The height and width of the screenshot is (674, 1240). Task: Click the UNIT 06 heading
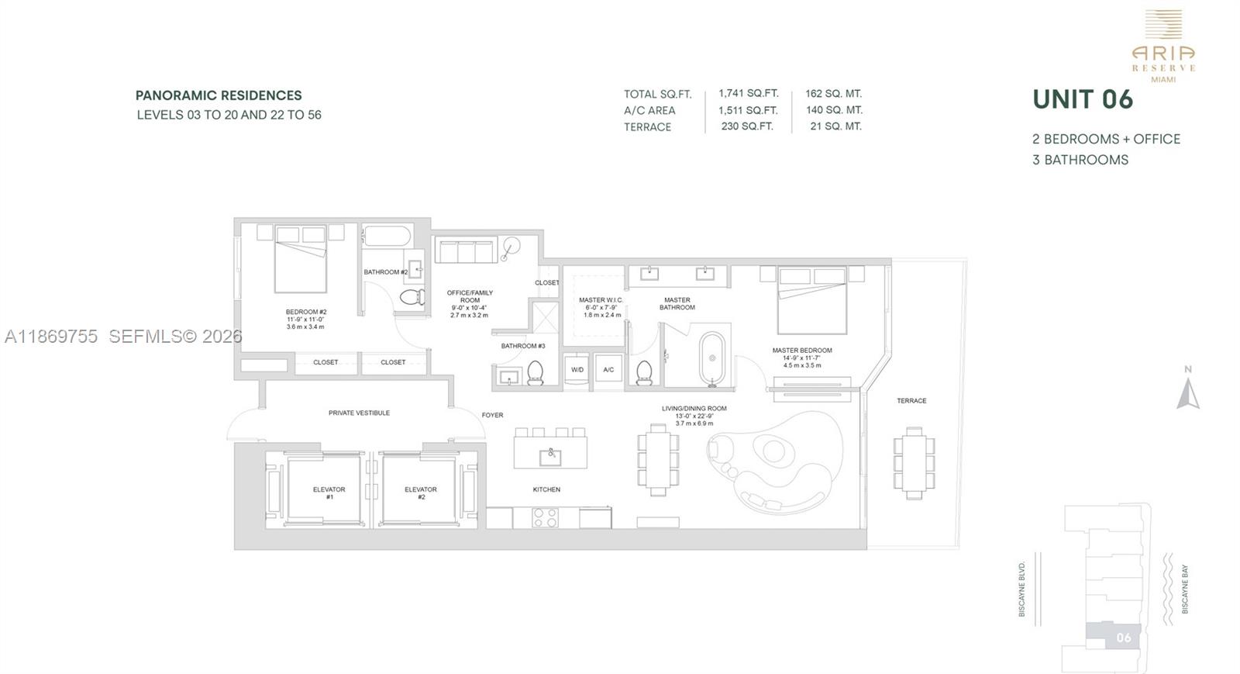pos(1083,99)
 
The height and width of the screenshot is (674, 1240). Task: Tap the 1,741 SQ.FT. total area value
pos(748,93)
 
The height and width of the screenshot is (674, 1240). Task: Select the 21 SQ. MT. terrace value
pos(835,126)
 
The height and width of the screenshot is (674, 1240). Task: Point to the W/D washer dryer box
pos(577,370)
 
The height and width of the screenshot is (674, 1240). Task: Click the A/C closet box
pos(608,370)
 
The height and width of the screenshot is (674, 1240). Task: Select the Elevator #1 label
pos(329,493)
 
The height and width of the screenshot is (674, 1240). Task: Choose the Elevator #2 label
pos(421,493)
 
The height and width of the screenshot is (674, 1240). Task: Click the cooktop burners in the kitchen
pos(545,517)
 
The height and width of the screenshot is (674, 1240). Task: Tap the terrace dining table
pos(914,462)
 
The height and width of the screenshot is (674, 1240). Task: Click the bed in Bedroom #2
pos(301,260)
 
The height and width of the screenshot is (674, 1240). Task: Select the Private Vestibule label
pos(359,413)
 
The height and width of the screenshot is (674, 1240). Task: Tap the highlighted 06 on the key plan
pos(1122,638)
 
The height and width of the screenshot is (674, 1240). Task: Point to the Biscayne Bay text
pos(1184,589)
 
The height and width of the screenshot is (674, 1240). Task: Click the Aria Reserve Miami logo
pos(1163,47)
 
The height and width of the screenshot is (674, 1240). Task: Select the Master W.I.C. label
pos(601,300)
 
